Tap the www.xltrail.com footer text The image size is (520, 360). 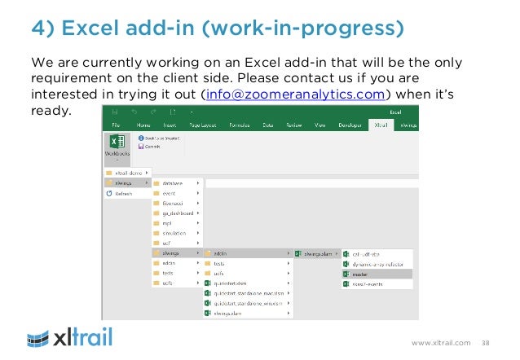click(441, 343)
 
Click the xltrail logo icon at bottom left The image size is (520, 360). click(42, 337)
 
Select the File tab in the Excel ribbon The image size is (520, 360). click(117, 126)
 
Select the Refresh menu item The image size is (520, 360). click(122, 194)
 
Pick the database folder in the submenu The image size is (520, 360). click(173, 183)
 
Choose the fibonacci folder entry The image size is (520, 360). click(174, 203)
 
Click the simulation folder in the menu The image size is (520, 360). click(174, 233)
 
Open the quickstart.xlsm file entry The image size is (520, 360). click(231, 283)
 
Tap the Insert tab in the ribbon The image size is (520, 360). click(171, 126)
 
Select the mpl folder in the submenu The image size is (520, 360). click(167, 223)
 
